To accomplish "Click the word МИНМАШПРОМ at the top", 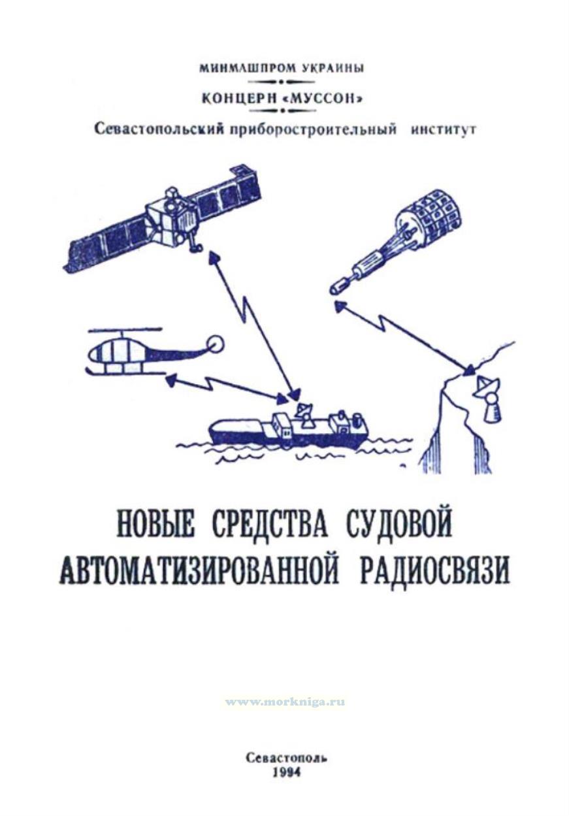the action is (x=248, y=68).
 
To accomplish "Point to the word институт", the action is (x=443, y=130).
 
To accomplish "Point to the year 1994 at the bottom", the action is (x=288, y=770).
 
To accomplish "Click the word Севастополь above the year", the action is (x=288, y=755).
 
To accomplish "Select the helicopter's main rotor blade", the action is (x=125, y=330).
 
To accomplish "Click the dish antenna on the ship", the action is (x=304, y=412).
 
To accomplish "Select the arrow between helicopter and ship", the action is (x=226, y=385).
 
